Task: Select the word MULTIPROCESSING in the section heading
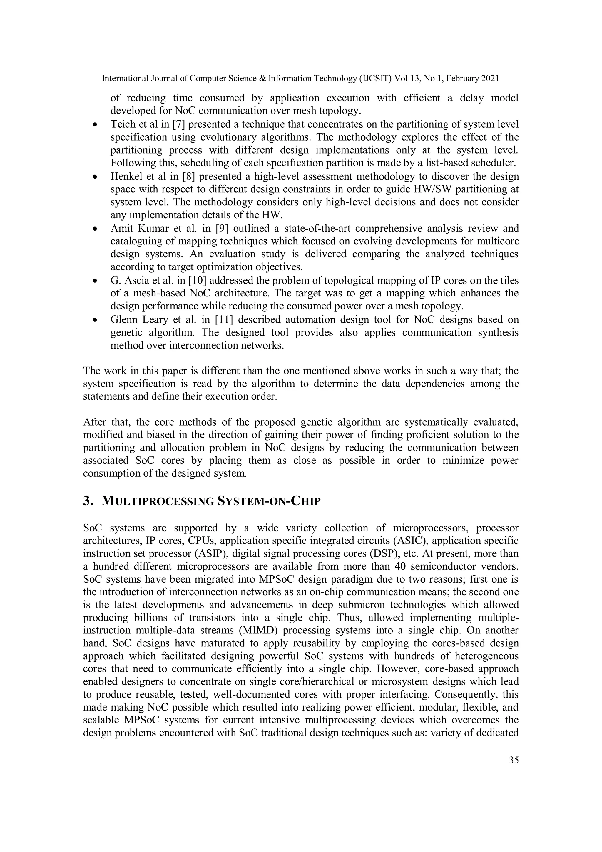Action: pos(158,501)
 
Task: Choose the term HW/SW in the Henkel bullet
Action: pos(432,189)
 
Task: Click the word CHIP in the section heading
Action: pos(305,501)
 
